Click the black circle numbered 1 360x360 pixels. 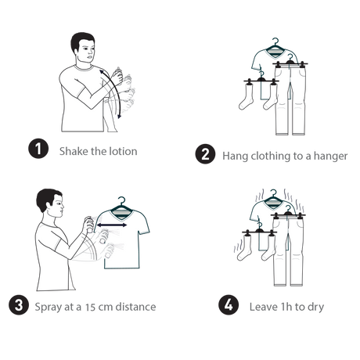(x=38, y=149)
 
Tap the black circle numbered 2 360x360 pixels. (x=205, y=154)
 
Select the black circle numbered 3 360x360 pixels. (x=19, y=304)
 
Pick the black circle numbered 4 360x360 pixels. (x=229, y=304)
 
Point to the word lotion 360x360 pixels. (x=123, y=151)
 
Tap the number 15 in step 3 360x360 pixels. (x=91, y=307)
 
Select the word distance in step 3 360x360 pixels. (x=135, y=307)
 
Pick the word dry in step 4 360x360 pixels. (x=316, y=308)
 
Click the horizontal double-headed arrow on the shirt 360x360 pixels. (x=112, y=225)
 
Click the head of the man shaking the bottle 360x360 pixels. (x=83, y=48)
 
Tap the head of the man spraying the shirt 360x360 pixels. (x=49, y=203)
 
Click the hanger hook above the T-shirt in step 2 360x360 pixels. (x=275, y=41)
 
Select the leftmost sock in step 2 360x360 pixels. (x=246, y=97)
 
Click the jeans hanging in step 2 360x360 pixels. (x=290, y=100)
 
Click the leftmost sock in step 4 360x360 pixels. (x=244, y=248)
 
